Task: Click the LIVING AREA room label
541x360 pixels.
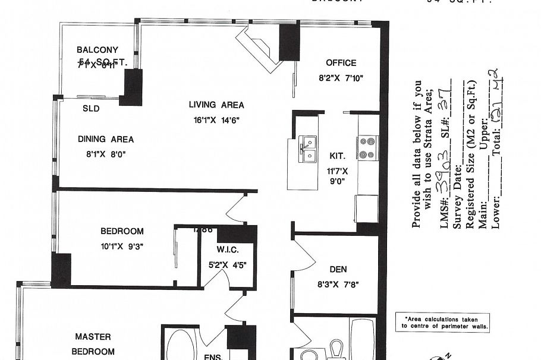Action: click(216, 105)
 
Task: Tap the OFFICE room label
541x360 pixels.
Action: click(341, 63)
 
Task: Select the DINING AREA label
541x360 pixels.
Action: click(106, 140)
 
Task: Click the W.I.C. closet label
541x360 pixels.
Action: click(228, 249)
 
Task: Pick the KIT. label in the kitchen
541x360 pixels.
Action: click(337, 156)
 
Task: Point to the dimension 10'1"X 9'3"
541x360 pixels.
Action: click(122, 246)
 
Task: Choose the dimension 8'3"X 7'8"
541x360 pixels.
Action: click(338, 285)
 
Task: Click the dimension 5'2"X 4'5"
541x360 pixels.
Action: click(228, 265)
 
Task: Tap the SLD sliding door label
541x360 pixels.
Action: click(91, 109)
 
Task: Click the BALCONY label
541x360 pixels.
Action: click(97, 50)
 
